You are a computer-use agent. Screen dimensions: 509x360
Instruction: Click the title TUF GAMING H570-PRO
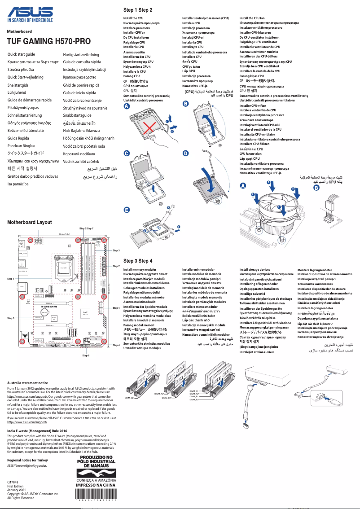(48, 41)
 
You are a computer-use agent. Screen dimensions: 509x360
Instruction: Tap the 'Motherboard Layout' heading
(29, 222)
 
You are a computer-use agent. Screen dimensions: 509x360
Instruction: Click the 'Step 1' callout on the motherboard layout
(11, 279)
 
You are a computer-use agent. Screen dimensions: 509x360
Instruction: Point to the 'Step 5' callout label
(11, 318)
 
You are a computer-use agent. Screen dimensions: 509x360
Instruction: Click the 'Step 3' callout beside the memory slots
(116, 250)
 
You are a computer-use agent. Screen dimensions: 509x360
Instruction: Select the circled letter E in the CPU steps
(127, 210)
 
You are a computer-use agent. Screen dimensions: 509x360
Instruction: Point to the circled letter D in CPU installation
(186, 154)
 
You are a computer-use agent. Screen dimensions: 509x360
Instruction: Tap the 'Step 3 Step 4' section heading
(138, 261)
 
